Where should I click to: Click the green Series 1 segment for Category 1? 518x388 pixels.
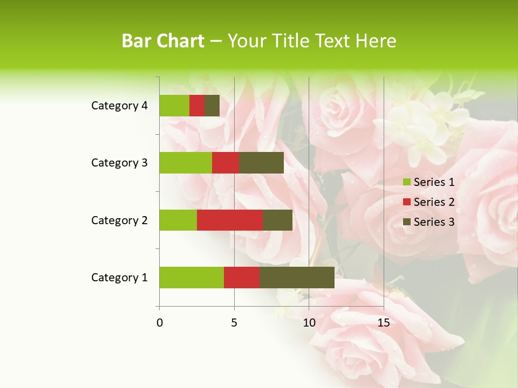[x=192, y=277]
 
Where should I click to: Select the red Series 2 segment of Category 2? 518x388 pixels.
[x=230, y=220]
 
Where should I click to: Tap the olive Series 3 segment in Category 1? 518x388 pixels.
[x=297, y=277]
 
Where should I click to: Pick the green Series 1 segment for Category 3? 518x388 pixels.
[x=186, y=163]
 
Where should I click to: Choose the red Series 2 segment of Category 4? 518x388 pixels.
[x=197, y=106]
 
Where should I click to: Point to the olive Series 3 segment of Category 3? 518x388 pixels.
[x=261, y=163]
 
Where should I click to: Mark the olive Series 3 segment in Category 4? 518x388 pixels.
[x=212, y=106]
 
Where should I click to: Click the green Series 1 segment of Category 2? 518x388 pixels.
[x=178, y=220]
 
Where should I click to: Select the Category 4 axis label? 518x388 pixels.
[x=119, y=106]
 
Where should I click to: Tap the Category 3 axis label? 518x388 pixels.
[x=119, y=163]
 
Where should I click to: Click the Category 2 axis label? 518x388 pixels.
[x=119, y=220]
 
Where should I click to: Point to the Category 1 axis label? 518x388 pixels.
[x=119, y=278]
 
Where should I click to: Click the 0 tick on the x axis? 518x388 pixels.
[x=160, y=323]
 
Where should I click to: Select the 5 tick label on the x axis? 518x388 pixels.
[x=234, y=323]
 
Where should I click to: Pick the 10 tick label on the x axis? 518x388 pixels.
[x=309, y=323]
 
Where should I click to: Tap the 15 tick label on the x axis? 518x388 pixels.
[x=383, y=323]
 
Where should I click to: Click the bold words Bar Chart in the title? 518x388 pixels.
[x=162, y=41]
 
